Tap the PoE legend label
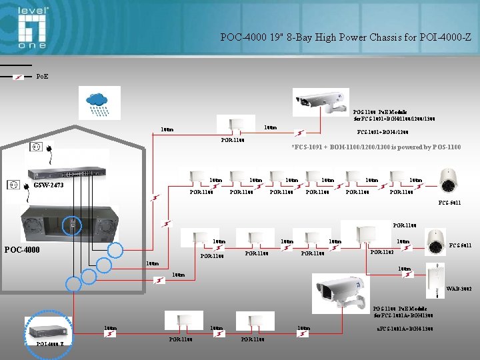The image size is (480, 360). [41, 77]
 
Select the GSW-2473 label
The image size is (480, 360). [49, 185]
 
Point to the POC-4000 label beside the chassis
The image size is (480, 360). [22, 250]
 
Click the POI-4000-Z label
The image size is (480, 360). [51, 344]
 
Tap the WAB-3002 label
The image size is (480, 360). [459, 288]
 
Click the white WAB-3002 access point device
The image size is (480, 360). [437, 273]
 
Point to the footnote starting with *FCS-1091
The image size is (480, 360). [376, 147]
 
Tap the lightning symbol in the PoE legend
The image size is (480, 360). [19, 77]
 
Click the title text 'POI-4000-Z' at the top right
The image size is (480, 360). [445, 37]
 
